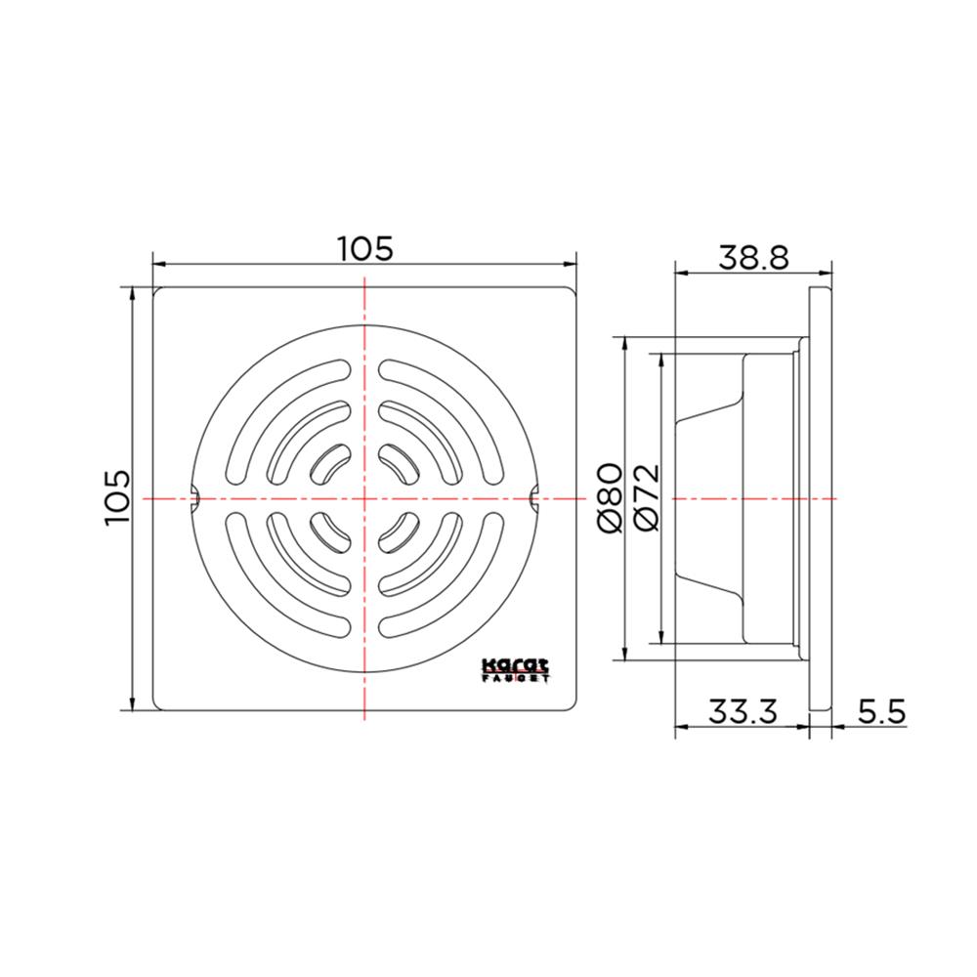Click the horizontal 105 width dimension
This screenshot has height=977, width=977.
[x=365, y=248]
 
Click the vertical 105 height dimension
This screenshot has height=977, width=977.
[x=118, y=497]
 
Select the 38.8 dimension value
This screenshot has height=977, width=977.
[x=753, y=257]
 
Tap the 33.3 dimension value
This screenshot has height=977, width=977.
[x=743, y=711]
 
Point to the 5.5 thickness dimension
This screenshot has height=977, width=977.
[x=881, y=711]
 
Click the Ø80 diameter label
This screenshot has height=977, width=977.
[x=611, y=498]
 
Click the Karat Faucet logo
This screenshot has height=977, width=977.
[x=516, y=670]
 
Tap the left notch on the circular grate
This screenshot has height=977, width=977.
[x=193, y=498]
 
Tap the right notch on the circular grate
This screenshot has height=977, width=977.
[x=534, y=498]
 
